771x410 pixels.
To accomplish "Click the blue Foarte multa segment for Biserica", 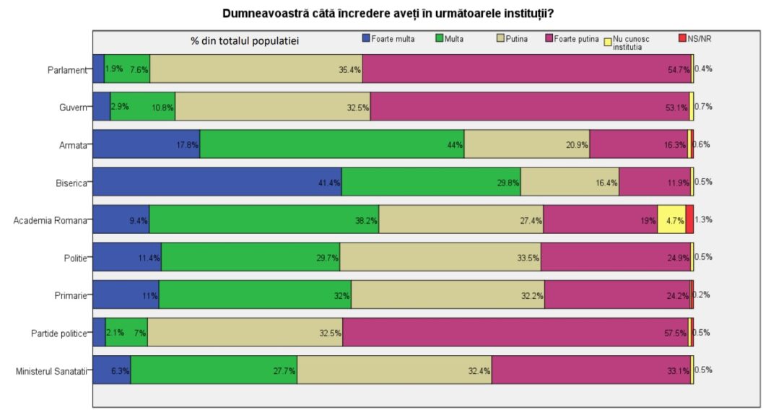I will coord(217,182).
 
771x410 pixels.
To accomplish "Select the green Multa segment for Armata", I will coord(332,144).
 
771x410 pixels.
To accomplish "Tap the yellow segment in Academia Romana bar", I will coord(671,219).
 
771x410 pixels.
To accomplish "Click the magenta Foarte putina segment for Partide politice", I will coord(515,332).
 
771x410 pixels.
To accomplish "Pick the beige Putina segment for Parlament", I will coord(256,69).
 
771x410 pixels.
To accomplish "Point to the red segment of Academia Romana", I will coord(689,219).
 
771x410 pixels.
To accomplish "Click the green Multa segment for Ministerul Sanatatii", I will coord(214,370).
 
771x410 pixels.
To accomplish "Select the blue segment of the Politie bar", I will coord(127,257).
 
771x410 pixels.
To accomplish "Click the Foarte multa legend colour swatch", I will coord(366,38).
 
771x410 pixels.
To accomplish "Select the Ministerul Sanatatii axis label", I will coord(51,371).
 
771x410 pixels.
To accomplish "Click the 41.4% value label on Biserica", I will coord(329,182).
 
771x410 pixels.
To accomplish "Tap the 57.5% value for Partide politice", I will coord(676,333).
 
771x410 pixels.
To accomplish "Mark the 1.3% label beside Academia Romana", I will coord(704,219).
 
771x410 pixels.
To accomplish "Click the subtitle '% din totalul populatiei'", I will coord(245,40).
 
